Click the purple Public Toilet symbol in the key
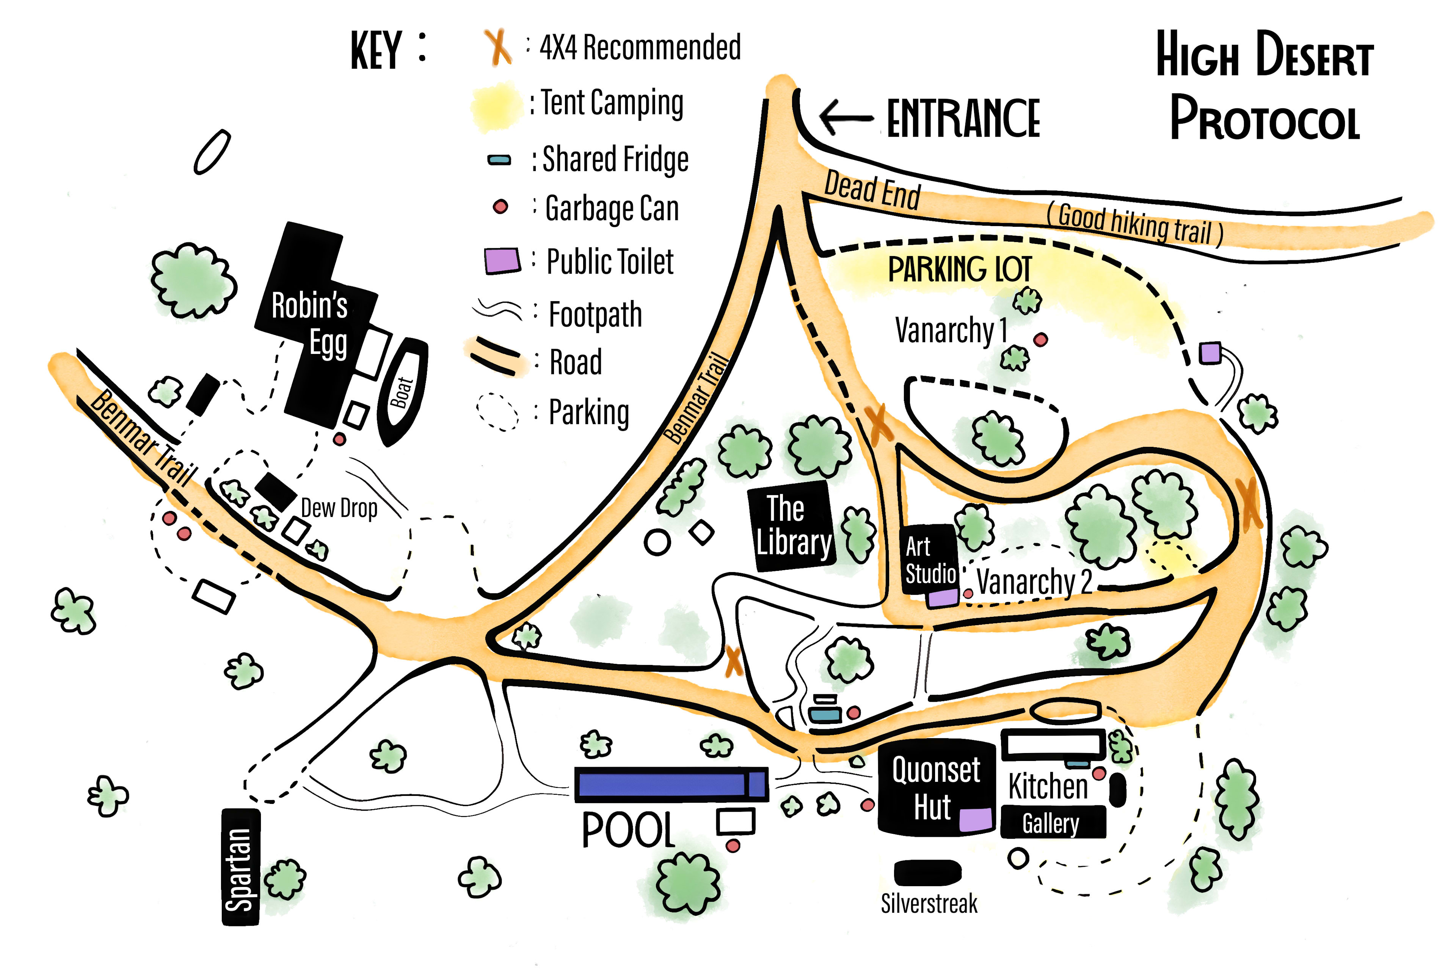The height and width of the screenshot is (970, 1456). pyautogui.click(x=501, y=261)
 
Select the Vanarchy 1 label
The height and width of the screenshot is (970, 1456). pyautogui.click(x=950, y=330)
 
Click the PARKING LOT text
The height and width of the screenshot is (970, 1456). pyautogui.click(x=959, y=269)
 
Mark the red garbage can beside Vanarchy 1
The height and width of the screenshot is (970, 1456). pyautogui.click(x=1040, y=339)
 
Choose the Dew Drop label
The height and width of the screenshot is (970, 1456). pyautogui.click(x=339, y=508)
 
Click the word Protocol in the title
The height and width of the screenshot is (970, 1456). pyautogui.click(x=1265, y=119)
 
